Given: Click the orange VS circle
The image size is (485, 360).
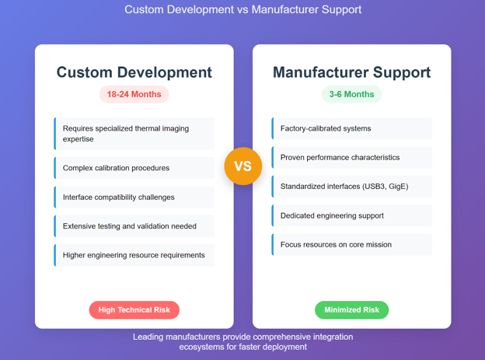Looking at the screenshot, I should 242,166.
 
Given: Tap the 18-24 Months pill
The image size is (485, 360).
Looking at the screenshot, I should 134,94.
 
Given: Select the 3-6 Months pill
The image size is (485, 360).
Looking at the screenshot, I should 351,94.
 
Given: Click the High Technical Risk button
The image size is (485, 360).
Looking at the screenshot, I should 134,309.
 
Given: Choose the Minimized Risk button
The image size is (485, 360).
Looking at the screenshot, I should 351,309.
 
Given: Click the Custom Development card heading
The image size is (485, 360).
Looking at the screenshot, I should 134,72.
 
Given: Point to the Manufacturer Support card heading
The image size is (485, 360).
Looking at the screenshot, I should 351,72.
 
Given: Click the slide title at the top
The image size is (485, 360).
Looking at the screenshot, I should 242,10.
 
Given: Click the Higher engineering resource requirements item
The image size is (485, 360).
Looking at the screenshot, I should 134,255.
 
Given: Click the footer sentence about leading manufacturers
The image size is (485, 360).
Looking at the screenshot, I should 242,342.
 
